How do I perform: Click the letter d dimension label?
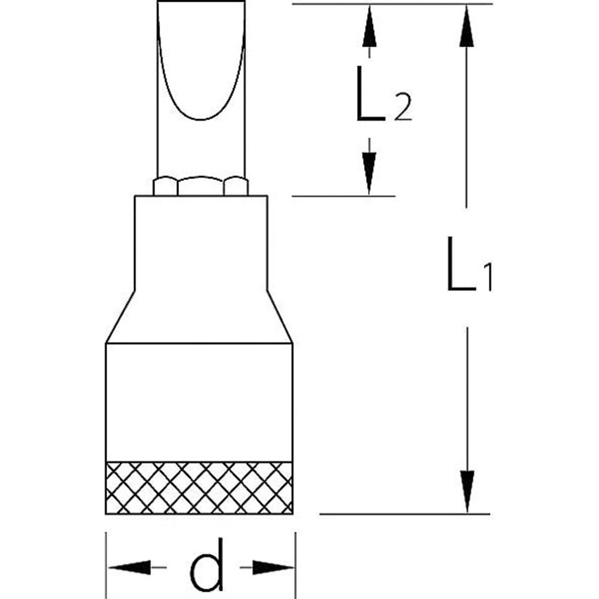[x=207, y=565]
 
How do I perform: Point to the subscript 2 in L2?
[x=403, y=110]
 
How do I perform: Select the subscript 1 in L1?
[x=487, y=279]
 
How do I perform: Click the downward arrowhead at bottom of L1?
[x=467, y=491]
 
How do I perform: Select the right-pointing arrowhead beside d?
[x=273, y=567]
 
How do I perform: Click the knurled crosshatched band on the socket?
[x=199, y=488]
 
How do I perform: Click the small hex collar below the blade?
[x=200, y=186]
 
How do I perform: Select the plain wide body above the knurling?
[x=199, y=401]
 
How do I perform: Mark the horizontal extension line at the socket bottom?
[x=404, y=514]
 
